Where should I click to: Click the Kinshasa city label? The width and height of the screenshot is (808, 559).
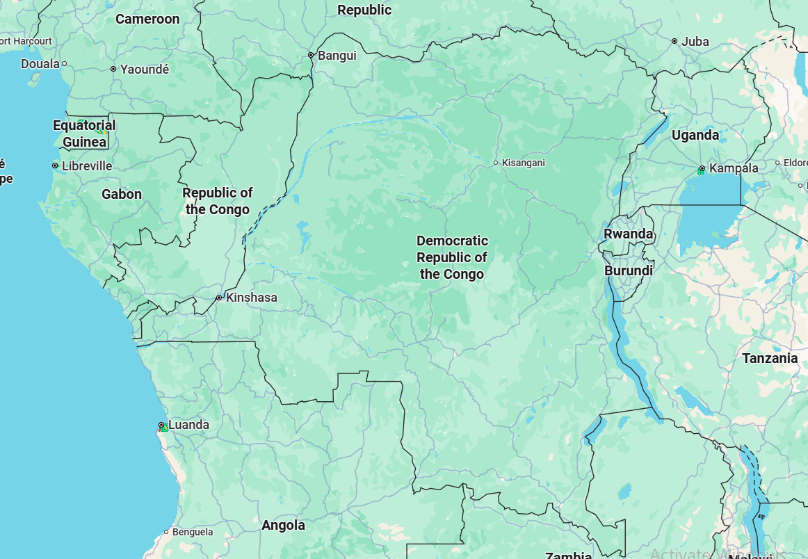[252, 298]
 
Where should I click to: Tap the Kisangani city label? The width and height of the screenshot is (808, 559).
[523, 163]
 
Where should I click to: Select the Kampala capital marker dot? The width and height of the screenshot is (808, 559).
[702, 168]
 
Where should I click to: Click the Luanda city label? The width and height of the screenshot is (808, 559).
[188, 425]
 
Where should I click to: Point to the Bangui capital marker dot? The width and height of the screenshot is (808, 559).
[311, 56]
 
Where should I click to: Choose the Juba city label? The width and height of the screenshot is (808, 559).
[695, 42]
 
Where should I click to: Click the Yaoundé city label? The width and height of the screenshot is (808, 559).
[145, 69]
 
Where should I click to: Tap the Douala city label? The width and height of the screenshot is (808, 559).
[40, 64]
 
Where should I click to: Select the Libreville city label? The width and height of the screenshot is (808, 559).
[87, 166]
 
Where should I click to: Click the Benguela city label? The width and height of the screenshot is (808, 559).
[192, 532]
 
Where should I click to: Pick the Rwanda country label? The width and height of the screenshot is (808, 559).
[629, 234]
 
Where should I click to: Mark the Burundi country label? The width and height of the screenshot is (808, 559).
[629, 270]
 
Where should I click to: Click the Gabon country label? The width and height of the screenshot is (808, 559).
[122, 195]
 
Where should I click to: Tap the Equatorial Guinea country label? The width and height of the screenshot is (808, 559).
[85, 133]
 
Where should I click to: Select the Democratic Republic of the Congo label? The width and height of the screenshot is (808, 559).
[452, 257]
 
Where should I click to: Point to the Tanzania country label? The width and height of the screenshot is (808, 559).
[770, 359]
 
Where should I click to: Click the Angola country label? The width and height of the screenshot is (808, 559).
[283, 525]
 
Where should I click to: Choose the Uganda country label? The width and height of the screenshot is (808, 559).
[695, 136]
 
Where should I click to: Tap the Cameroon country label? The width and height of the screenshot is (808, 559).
[147, 19]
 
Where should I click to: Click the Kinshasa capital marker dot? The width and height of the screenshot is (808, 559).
[219, 298]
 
